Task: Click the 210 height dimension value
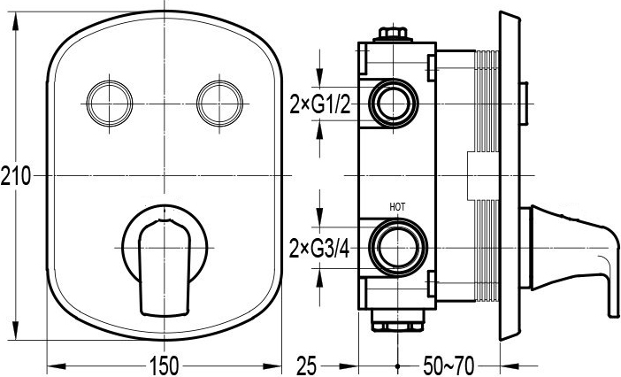click(x=15, y=176)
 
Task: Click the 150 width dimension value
click(x=165, y=365)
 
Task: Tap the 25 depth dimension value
click(x=307, y=365)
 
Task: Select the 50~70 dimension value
click(x=448, y=365)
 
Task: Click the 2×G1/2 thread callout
click(x=320, y=104)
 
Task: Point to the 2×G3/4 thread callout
click(x=319, y=249)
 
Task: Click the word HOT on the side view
click(x=397, y=207)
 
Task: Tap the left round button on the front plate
click(x=110, y=104)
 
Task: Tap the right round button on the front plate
click(x=219, y=104)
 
